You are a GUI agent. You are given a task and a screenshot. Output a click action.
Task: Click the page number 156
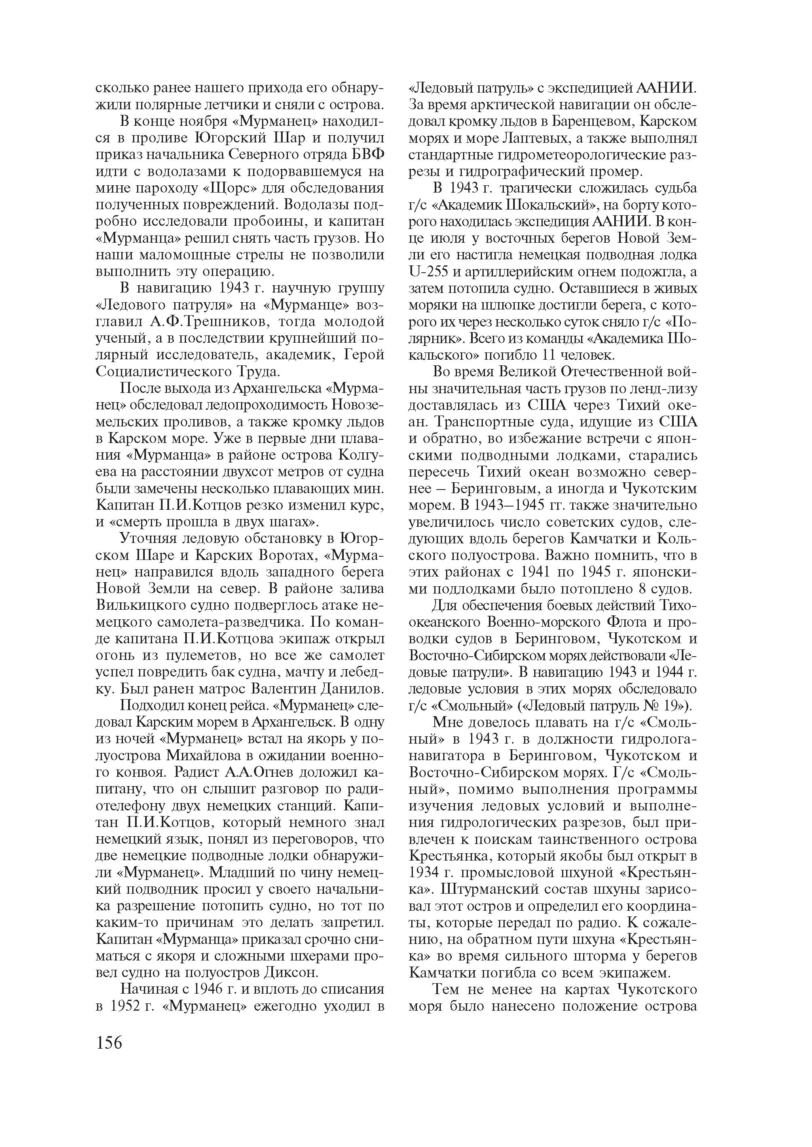[x=108, y=1043]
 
